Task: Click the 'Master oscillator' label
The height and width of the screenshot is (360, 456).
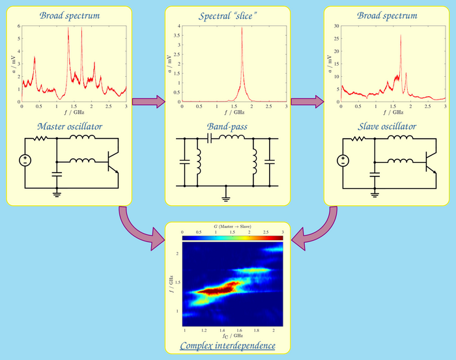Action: coord(69,126)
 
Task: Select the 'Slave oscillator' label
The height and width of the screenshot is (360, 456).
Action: coord(388,126)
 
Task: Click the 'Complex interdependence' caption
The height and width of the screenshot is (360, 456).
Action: coord(227,345)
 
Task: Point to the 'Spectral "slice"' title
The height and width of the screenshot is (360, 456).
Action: coord(227,15)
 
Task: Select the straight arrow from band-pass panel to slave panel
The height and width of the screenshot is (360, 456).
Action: coord(307,102)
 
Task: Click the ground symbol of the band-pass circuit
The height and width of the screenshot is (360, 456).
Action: coord(226,192)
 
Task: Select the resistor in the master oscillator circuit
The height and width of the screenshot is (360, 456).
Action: coord(40,139)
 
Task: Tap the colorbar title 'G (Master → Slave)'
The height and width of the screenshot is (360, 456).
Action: coord(233,225)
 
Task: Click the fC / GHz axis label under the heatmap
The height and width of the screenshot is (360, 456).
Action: coord(233,335)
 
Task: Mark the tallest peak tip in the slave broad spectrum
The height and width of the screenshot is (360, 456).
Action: coord(401,35)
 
